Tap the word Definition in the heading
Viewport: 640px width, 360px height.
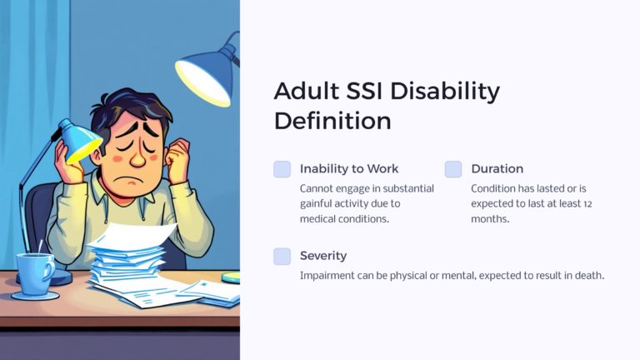point(332,121)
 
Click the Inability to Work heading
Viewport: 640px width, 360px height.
point(349,169)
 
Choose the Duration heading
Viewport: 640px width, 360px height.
point(497,169)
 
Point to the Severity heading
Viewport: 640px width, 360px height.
point(323,256)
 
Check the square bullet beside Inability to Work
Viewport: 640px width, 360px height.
point(282,169)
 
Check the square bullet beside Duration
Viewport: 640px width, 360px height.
point(453,169)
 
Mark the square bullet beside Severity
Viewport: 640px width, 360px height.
point(282,256)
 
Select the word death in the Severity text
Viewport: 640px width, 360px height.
point(587,275)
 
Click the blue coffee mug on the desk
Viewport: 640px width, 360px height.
point(35,273)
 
